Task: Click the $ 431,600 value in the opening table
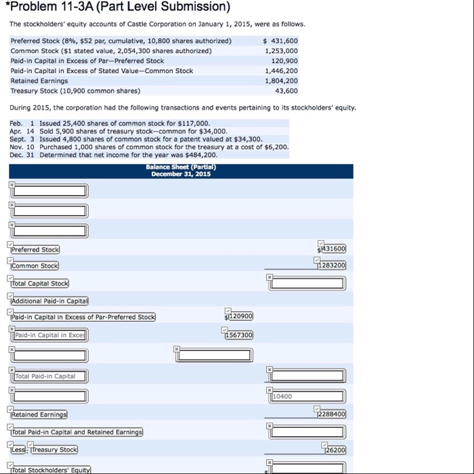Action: (280, 41)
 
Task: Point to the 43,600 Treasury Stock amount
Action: (286, 91)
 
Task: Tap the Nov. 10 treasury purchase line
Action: (150, 146)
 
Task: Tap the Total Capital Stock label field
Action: (40, 283)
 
